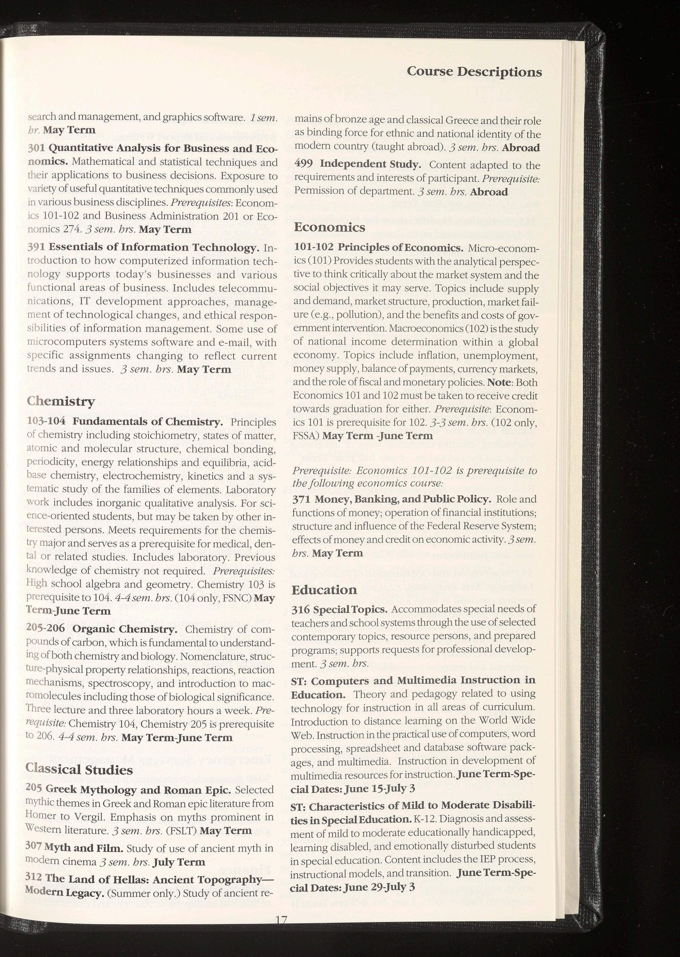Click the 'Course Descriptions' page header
coord(474,72)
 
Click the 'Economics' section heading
coord(329,227)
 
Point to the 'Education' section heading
coord(324,590)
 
